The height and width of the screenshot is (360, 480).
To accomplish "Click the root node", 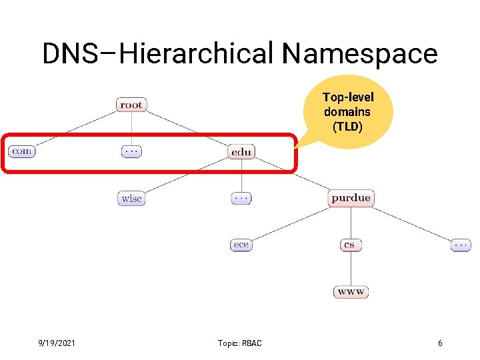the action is (x=131, y=105).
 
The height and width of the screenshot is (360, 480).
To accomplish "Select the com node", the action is (x=21, y=151).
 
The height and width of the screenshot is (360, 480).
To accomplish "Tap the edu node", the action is (x=241, y=152).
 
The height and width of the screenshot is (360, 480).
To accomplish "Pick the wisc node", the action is (x=131, y=198).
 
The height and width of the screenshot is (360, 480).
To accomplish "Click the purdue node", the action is (x=351, y=198).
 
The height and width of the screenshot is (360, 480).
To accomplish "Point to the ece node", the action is (x=241, y=245).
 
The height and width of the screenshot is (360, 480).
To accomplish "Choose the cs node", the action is (x=350, y=245).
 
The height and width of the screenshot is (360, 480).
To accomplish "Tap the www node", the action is (x=351, y=291).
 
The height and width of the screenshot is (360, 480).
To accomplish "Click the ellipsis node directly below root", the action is (x=131, y=151).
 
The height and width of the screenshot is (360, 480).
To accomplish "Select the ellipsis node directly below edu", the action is (x=241, y=198).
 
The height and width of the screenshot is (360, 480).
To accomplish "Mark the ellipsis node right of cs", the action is (x=460, y=245).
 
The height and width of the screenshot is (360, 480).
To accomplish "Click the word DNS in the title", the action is (x=69, y=53).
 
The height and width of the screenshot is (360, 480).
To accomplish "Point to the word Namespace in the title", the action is (x=359, y=53).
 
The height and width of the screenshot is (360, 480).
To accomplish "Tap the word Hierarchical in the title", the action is (x=197, y=53).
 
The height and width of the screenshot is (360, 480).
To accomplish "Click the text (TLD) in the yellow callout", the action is (x=347, y=126).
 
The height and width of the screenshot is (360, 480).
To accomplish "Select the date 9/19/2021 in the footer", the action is (x=57, y=343).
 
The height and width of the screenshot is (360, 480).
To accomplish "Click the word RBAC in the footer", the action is (x=251, y=343).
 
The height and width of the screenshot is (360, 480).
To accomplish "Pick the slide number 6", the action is (x=440, y=343).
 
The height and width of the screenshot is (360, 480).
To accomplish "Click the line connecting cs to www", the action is (x=351, y=268).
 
